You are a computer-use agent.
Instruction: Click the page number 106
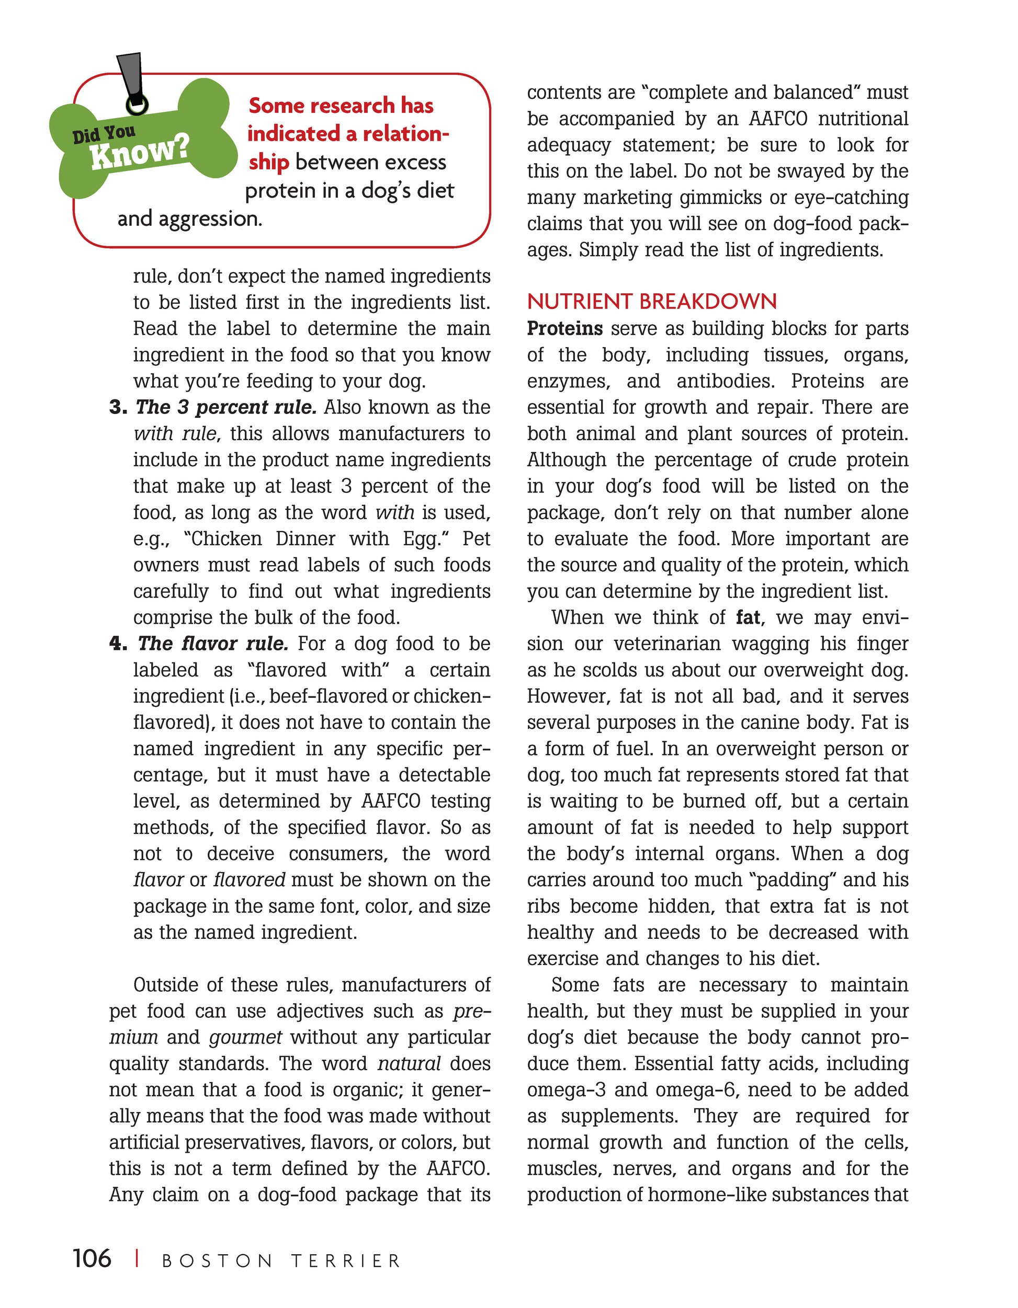[92, 1258]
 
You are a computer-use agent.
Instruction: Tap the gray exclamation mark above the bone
[131, 78]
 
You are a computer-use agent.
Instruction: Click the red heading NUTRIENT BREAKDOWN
[651, 301]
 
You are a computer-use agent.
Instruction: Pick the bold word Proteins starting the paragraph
[564, 329]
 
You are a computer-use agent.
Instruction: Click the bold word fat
[748, 617]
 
